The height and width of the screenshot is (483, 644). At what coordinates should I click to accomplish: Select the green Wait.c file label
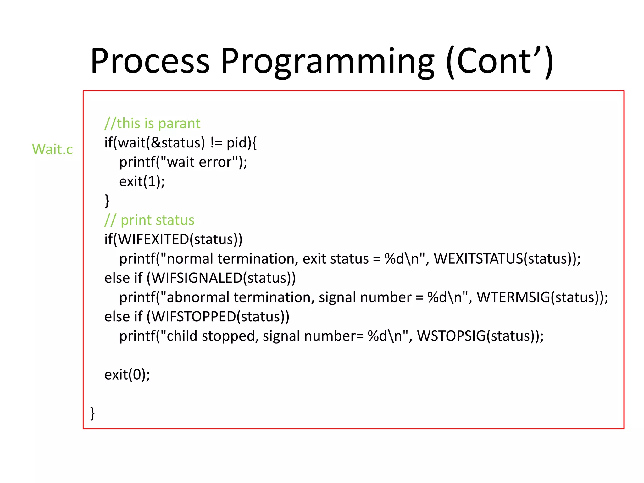pyautogui.click(x=52, y=149)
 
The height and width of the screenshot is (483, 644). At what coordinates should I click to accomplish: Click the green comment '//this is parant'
pyautogui.click(x=153, y=123)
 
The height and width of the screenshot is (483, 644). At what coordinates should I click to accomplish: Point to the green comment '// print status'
pyautogui.click(x=149, y=220)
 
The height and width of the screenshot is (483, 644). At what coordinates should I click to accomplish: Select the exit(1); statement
pyautogui.click(x=142, y=181)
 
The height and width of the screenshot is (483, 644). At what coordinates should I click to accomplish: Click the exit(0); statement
pyautogui.click(x=127, y=375)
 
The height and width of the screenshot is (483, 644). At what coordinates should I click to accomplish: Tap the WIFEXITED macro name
pyautogui.click(x=153, y=240)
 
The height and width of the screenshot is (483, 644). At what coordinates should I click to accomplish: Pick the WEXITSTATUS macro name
pyautogui.click(x=478, y=259)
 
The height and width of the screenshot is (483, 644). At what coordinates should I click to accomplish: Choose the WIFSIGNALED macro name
pyautogui.click(x=197, y=278)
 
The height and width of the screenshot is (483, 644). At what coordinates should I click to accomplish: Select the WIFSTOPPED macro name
pyautogui.click(x=193, y=317)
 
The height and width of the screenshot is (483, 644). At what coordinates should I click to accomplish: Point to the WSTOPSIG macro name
pyautogui.click(x=451, y=336)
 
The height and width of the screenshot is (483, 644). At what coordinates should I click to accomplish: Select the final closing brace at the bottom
pyautogui.click(x=92, y=413)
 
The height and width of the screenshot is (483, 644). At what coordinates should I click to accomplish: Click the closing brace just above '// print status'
pyautogui.click(x=107, y=201)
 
